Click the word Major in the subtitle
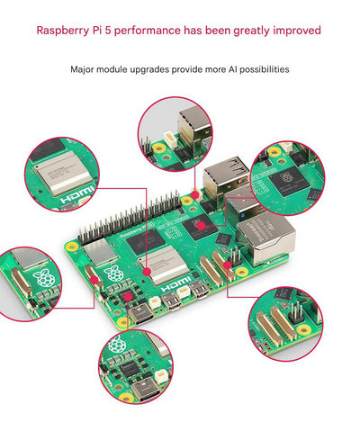tap(84, 69)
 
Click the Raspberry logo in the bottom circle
tap(116, 346)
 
